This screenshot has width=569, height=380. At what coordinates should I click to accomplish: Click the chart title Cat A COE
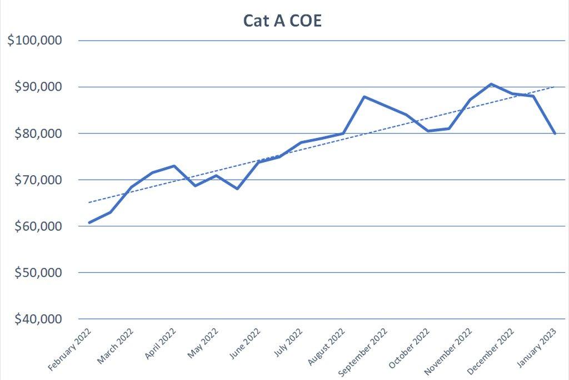point(283,20)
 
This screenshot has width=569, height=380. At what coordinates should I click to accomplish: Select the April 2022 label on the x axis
point(160,344)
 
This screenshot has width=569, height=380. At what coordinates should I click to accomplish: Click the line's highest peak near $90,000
point(491,84)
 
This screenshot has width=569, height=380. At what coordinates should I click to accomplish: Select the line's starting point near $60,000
point(89,223)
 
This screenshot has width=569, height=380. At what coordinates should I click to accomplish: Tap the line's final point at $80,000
point(555,134)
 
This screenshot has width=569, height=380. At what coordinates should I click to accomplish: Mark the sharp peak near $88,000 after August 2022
point(364,97)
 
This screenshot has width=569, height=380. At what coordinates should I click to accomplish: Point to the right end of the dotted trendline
point(555,87)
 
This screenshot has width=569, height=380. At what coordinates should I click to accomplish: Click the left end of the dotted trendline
point(89,203)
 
